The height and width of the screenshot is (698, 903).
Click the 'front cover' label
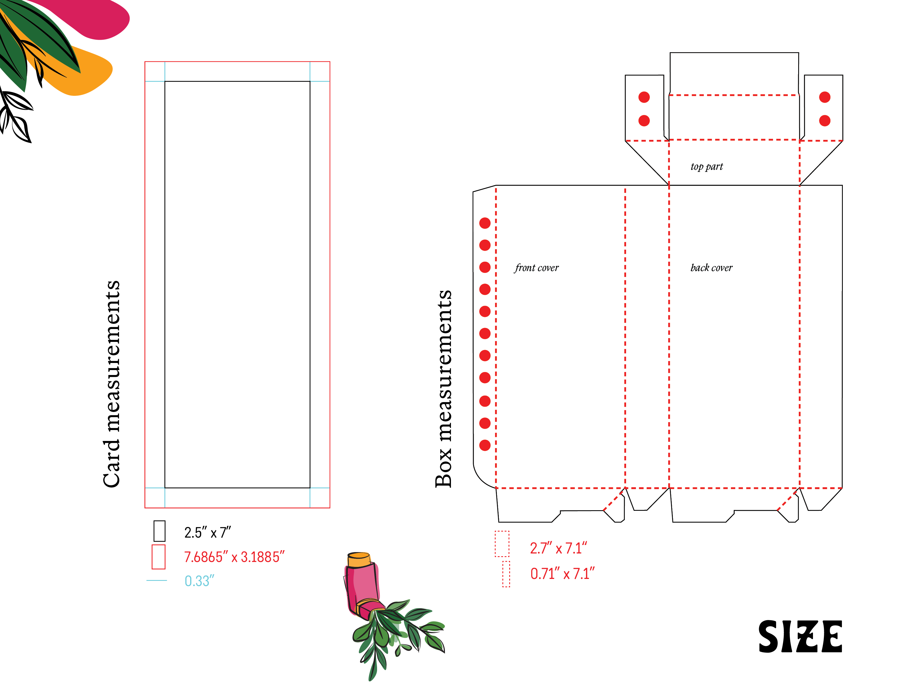tap(536, 268)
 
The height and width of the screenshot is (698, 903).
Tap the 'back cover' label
tap(711, 268)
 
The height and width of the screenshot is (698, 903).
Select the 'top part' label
tap(707, 167)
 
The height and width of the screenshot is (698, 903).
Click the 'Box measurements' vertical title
tap(444, 388)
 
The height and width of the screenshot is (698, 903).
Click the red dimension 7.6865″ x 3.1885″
tap(234, 557)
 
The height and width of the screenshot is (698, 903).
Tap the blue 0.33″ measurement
tap(199, 581)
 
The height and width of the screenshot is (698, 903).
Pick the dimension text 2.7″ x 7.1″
tap(558, 548)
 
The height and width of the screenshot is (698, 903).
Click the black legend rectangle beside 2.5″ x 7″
tap(159, 531)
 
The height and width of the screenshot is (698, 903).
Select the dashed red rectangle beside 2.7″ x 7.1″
tap(502, 544)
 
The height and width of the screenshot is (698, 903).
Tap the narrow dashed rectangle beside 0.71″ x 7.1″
tap(506, 574)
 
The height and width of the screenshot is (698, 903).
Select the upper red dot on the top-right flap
tap(824, 97)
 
